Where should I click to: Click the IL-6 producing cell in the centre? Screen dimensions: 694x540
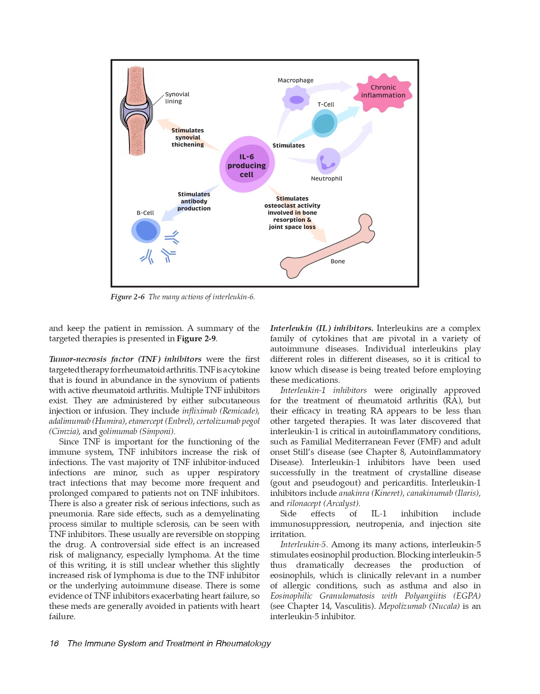[x=247, y=165]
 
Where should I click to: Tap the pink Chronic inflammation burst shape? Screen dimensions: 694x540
[x=383, y=93]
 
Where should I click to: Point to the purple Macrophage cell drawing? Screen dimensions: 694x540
[x=296, y=99]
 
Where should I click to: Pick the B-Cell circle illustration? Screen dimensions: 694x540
[x=146, y=231]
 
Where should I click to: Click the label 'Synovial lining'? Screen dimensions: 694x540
[x=177, y=98]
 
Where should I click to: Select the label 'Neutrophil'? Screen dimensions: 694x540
[x=327, y=178]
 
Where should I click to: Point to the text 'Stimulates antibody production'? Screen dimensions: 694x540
[x=194, y=201]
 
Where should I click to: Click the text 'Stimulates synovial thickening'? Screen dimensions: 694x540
[x=188, y=137]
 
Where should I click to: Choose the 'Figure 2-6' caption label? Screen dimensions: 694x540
[x=127, y=297]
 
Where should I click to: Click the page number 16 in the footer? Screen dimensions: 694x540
[x=54, y=643]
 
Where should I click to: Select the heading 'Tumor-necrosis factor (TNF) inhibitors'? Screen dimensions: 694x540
[x=125, y=359]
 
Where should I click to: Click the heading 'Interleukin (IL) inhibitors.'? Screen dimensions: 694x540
[x=322, y=328]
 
